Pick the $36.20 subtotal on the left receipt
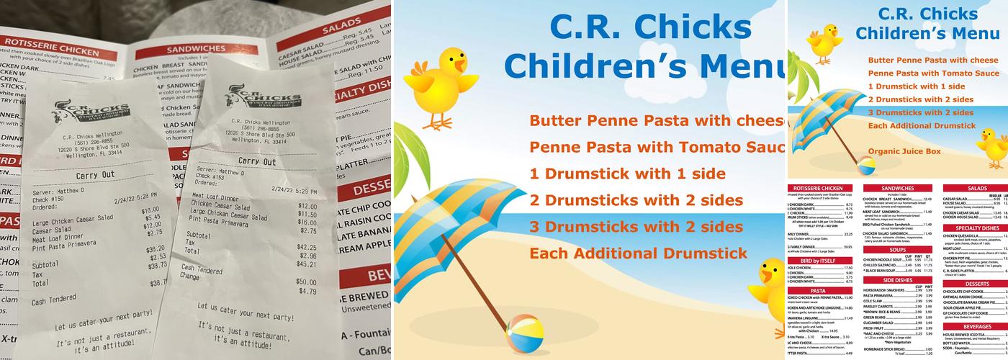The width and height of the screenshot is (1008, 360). click(156, 248)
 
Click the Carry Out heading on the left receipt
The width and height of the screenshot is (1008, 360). click(96, 176)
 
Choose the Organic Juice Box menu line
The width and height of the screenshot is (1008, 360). click(904, 151)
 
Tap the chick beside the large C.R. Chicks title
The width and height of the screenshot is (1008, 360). click(441, 85)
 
